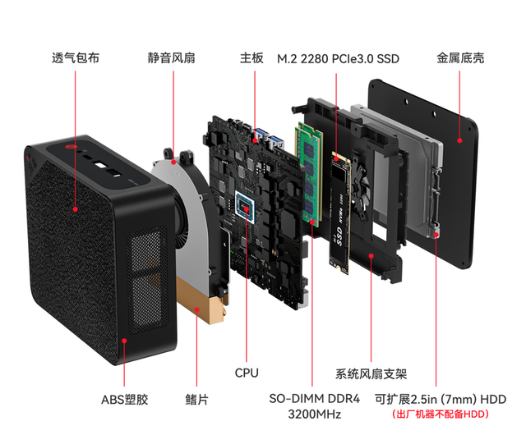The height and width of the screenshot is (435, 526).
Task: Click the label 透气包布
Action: (75, 59)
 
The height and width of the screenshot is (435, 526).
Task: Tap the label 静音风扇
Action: (172, 59)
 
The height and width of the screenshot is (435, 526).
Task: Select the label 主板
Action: (251, 59)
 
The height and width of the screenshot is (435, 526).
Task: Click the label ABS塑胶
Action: (125, 400)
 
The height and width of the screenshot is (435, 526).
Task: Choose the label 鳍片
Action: (196, 400)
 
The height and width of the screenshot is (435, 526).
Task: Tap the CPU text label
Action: (246, 373)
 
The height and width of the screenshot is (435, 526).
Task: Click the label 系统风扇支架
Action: (371, 374)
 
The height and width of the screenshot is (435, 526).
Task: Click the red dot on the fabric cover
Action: (75, 208)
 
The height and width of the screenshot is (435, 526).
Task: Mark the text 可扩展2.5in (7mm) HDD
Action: (440, 399)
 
